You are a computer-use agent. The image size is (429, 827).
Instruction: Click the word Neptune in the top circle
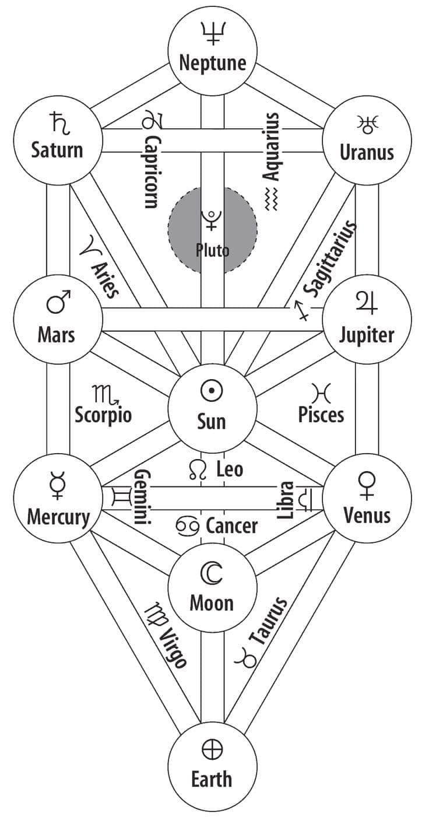(212, 63)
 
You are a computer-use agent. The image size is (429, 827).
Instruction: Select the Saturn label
(57, 150)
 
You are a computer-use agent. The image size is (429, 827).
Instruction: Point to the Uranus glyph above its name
(367, 123)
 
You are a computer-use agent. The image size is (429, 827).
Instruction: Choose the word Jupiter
(367, 335)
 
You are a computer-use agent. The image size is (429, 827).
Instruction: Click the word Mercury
(58, 517)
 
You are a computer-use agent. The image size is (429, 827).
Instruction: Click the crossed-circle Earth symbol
(212, 749)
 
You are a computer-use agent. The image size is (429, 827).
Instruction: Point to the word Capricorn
(152, 171)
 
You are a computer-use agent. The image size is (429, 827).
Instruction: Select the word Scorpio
(103, 415)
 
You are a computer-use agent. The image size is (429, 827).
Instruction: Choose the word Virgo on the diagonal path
(173, 647)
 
